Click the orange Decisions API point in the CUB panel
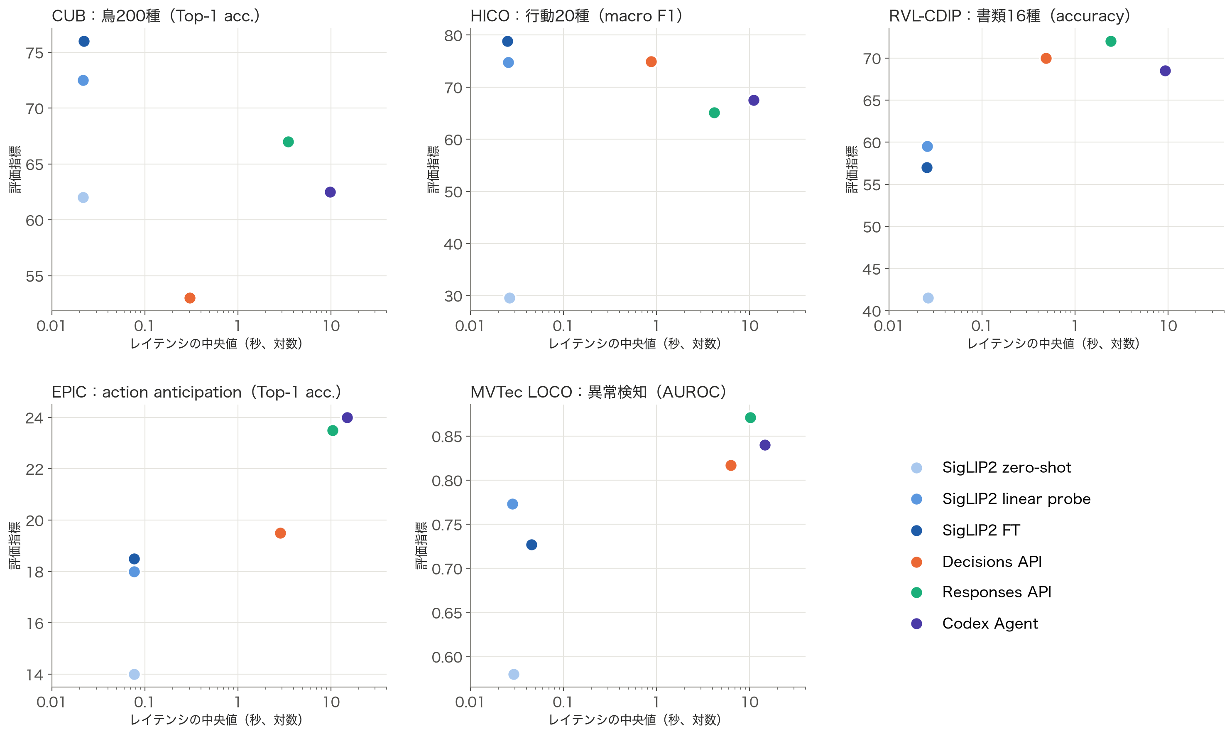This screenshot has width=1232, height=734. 190,298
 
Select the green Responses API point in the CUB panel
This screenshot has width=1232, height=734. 288,142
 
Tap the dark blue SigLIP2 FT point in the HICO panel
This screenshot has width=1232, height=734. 507,41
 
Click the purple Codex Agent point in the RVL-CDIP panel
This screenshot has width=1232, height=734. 1165,71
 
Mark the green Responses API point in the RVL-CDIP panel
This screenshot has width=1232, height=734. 1111,41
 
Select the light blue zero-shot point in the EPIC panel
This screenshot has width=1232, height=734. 134,674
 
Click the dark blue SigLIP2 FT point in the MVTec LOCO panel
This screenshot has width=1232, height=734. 531,545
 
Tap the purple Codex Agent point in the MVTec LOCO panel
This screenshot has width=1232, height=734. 765,445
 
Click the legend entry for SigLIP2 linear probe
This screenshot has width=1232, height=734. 1001,498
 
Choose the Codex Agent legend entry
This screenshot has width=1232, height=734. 975,623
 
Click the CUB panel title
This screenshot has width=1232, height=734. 156,16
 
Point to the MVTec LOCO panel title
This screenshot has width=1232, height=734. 599,392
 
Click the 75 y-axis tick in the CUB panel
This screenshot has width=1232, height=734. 34,53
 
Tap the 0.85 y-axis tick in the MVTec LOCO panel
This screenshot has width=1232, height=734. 447,437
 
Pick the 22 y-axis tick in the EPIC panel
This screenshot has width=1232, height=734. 34,469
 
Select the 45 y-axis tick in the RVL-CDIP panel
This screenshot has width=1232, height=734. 872,269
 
